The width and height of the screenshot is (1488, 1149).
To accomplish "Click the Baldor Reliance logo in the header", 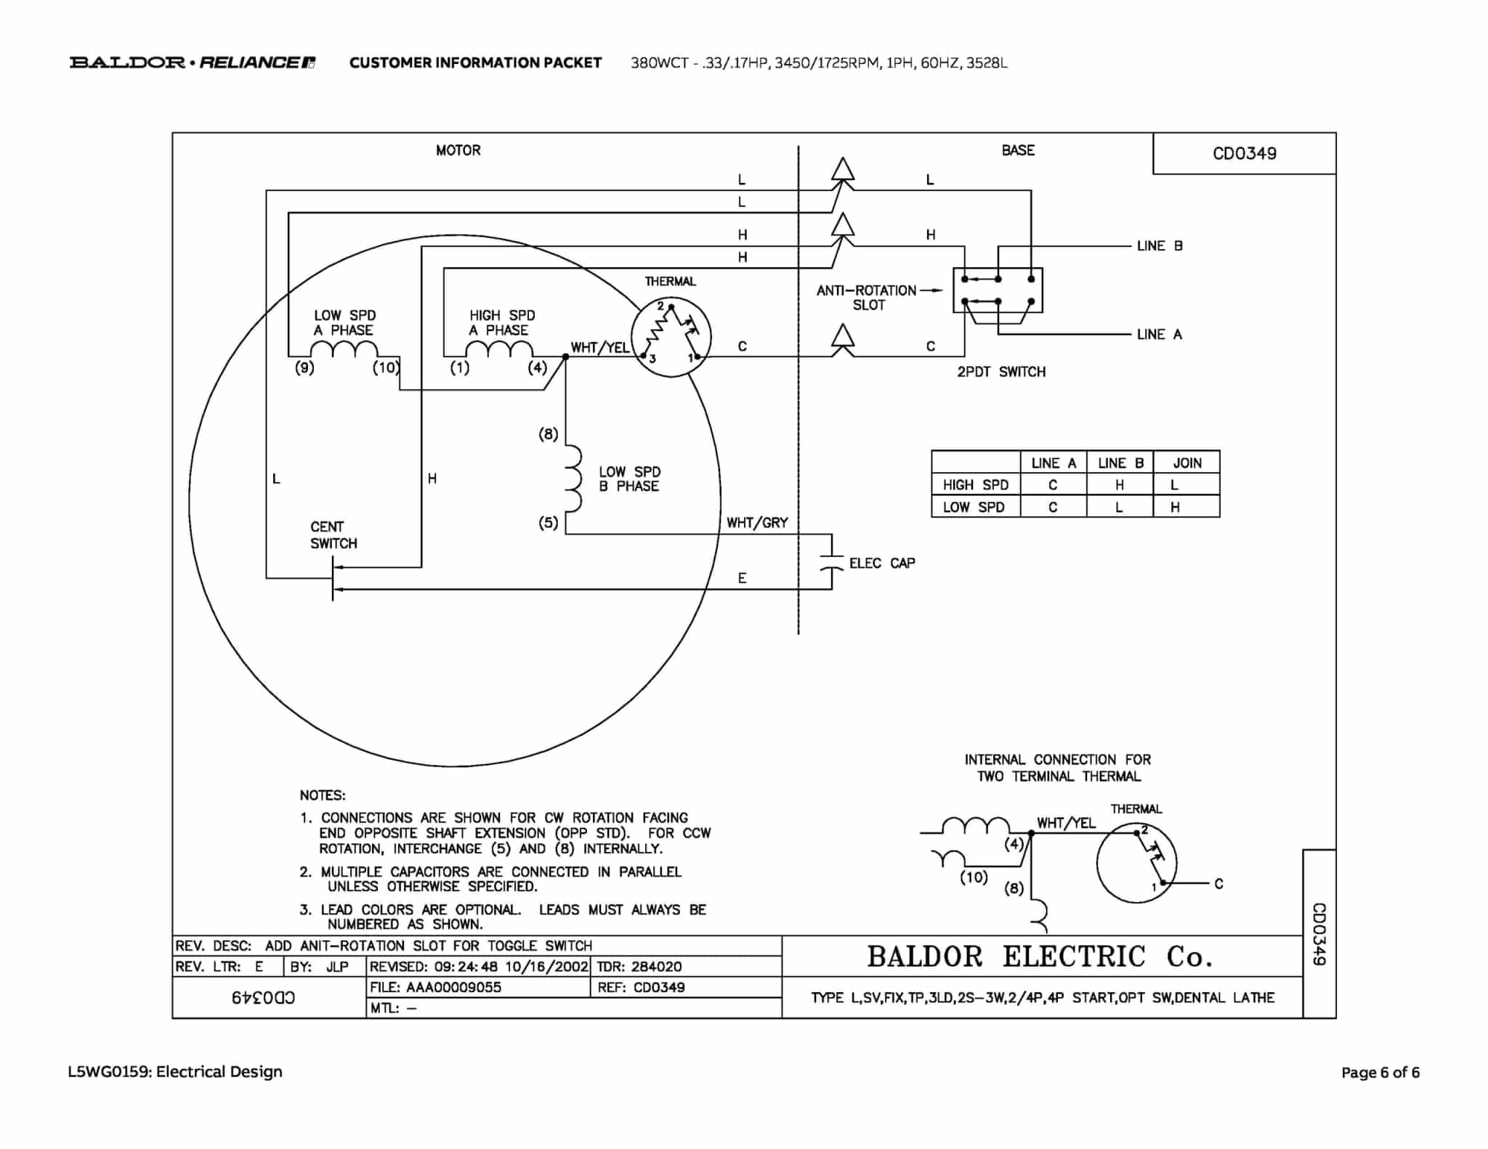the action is pos(193,62).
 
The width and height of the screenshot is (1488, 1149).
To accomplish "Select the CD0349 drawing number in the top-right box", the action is pos(1244,153).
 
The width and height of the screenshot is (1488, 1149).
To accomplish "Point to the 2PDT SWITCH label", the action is pos(1001,372).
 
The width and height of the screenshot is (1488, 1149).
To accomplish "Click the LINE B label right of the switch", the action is pos(1160,245).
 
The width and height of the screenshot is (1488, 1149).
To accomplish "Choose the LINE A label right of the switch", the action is pos(1160,334).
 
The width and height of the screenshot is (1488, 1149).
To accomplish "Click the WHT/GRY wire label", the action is pos(757,522).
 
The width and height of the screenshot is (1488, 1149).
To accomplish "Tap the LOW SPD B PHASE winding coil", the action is pos(573,479).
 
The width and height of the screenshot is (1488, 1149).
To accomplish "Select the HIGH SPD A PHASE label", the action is pos(502,322).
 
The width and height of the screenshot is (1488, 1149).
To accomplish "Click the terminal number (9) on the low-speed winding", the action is pos(304,368).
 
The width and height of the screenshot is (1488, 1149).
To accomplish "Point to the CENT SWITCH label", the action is pos(333,535).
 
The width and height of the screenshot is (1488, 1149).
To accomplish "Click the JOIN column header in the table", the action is pos(1187,463).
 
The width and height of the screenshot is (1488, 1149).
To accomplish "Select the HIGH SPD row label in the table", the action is pos(976,484).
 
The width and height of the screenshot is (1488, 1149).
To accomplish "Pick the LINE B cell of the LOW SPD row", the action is pos(1119,507).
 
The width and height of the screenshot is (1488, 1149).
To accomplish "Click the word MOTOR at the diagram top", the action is pos(458,150).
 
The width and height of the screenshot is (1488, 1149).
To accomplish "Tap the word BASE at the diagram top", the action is pos(1018,150).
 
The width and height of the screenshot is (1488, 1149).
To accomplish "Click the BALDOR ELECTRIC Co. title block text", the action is pos(1040,957).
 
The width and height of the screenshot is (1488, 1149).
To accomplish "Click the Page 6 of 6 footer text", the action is pos(1380,1072).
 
